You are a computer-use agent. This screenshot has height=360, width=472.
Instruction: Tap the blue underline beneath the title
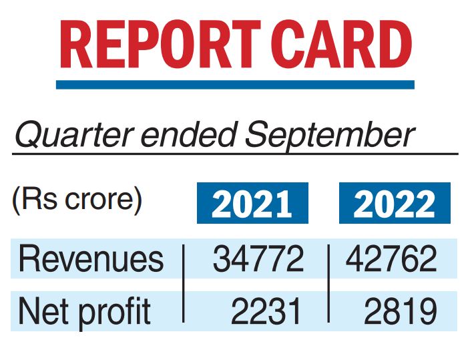point(235,85)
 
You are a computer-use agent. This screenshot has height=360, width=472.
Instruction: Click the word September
point(330,137)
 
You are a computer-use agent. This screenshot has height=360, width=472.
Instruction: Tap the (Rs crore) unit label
point(77,200)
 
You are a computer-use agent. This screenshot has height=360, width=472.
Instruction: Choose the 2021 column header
point(252,203)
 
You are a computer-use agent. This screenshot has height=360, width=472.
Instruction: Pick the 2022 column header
point(395,203)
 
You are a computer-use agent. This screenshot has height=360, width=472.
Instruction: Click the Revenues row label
point(91,258)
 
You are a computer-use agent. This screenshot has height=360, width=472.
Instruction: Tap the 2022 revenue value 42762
point(392,259)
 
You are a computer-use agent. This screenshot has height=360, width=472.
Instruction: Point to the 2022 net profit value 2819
point(401,311)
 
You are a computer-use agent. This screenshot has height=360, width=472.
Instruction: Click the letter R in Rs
point(29,200)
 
